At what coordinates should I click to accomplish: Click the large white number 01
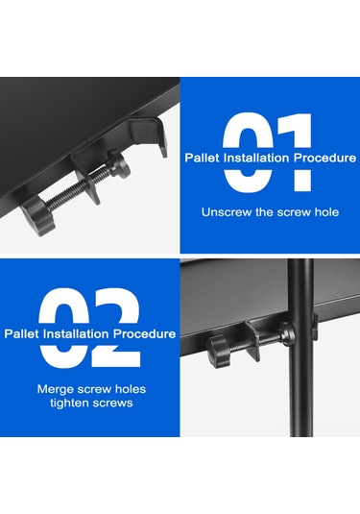(x=267, y=154)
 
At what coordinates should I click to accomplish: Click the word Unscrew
(x=223, y=210)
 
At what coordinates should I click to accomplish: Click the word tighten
(x=73, y=404)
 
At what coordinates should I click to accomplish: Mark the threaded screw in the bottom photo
(x=240, y=338)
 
